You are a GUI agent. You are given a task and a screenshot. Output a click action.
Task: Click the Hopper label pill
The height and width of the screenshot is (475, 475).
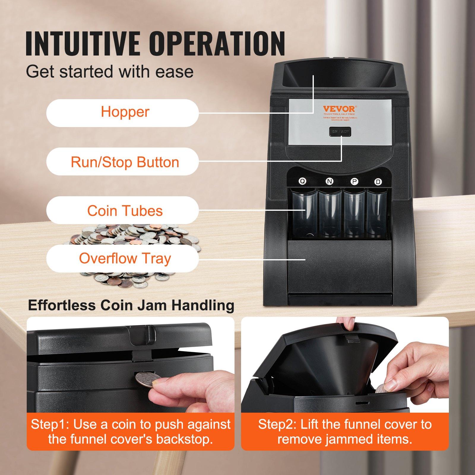click(122, 113)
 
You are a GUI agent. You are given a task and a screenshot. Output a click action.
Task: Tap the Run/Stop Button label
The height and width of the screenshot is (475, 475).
click(122, 162)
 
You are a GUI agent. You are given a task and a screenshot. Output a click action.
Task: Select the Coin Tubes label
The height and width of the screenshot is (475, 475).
click(122, 211)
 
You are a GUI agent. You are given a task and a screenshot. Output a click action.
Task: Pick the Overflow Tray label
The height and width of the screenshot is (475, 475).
click(122, 259)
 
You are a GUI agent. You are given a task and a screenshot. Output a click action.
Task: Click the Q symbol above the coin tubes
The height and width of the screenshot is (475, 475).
click(303, 181)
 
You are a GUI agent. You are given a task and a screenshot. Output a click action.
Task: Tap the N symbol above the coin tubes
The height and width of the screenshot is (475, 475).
click(329, 181)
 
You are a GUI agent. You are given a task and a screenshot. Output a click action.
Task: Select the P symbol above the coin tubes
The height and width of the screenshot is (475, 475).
click(354, 182)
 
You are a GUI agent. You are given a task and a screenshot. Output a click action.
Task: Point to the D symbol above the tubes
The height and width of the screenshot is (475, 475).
click(378, 182)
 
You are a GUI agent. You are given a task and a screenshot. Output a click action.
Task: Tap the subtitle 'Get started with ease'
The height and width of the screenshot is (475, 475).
click(110, 72)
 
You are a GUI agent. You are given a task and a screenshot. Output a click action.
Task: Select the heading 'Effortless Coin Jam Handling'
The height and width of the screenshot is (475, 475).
click(131, 305)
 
